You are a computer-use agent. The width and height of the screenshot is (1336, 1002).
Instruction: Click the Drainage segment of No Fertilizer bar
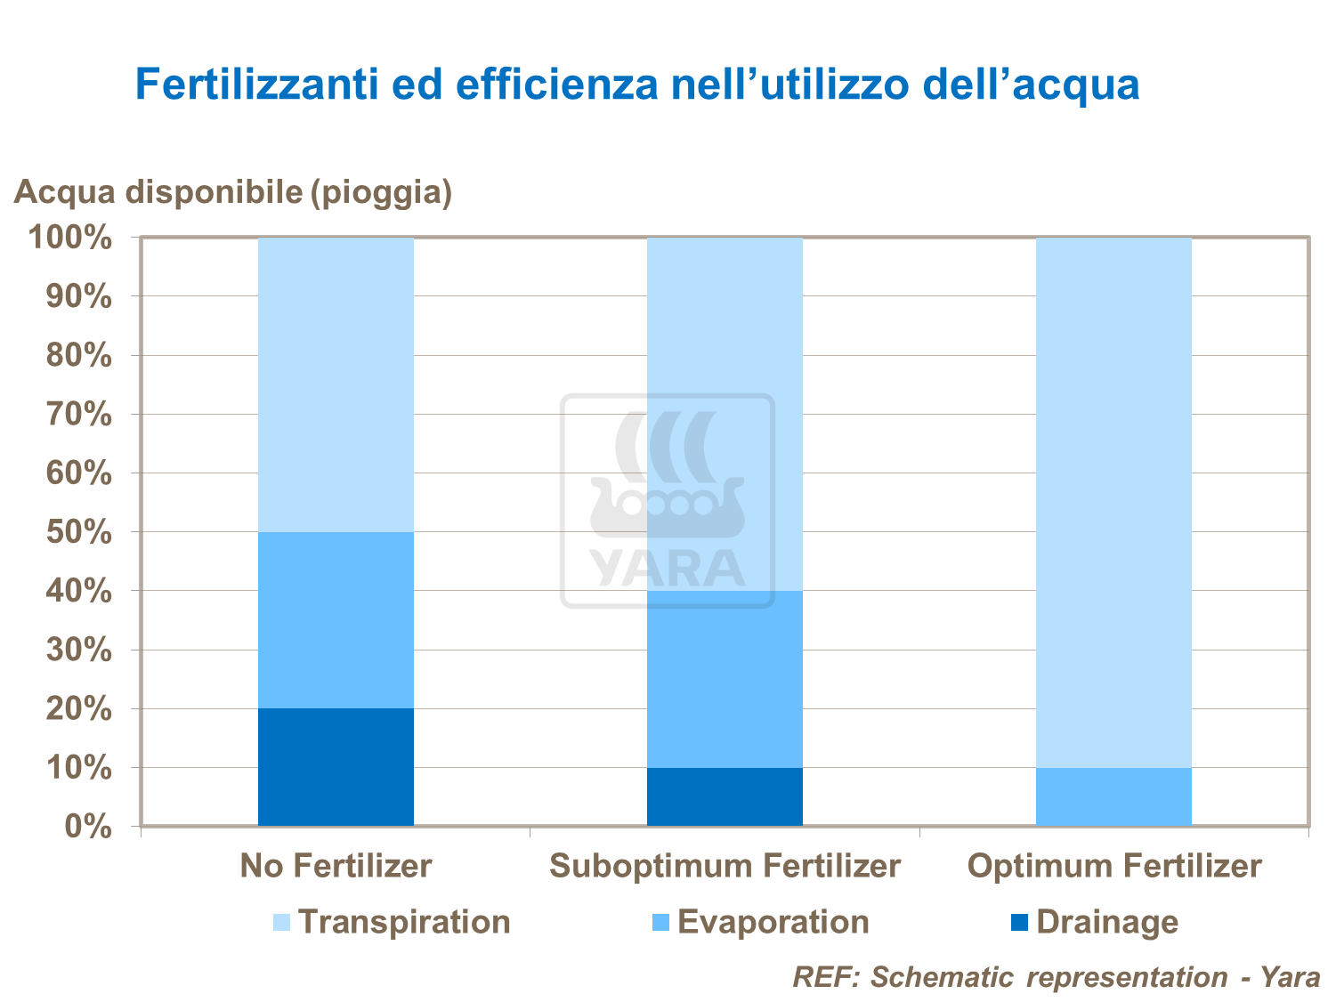click(x=336, y=767)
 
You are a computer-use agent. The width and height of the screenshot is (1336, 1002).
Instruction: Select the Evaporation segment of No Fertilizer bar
click(x=336, y=620)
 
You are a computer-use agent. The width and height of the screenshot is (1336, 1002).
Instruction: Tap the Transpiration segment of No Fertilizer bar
click(x=336, y=384)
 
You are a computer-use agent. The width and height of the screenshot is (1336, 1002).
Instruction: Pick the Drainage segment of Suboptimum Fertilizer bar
click(x=725, y=796)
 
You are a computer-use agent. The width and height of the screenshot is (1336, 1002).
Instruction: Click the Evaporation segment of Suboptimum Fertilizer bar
click(x=725, y=679)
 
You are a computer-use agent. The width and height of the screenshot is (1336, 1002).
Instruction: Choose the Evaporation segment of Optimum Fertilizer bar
click(x=1113, y=796)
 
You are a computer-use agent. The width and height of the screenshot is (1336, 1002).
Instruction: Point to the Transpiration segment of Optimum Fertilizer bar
click(x=1113, y=502)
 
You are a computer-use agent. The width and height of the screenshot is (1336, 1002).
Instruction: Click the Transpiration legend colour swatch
click(x=281, y=923)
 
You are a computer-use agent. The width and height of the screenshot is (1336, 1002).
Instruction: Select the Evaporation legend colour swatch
click(x=661, y=923)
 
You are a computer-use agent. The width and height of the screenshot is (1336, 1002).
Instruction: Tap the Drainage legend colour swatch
click(x=1019, y=923)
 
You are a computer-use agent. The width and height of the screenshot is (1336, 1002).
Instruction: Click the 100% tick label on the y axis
click(x=71, y=238)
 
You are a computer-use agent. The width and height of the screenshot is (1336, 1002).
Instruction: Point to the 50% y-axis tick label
click(x=78, y=533)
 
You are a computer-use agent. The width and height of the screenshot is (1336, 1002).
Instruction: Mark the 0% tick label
click(x=87, y=827)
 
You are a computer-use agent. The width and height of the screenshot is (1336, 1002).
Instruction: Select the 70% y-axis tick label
click(x=78, y=415)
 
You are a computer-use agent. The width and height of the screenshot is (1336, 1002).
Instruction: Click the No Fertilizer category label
click(x=336, y=866)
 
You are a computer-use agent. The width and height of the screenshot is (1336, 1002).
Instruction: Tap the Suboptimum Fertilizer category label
click(x=725, y=866)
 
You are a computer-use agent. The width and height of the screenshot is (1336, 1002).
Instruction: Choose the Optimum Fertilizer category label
click(x=1113, y=866)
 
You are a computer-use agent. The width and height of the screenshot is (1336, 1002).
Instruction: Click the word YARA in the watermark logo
click(x=668, y=570)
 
